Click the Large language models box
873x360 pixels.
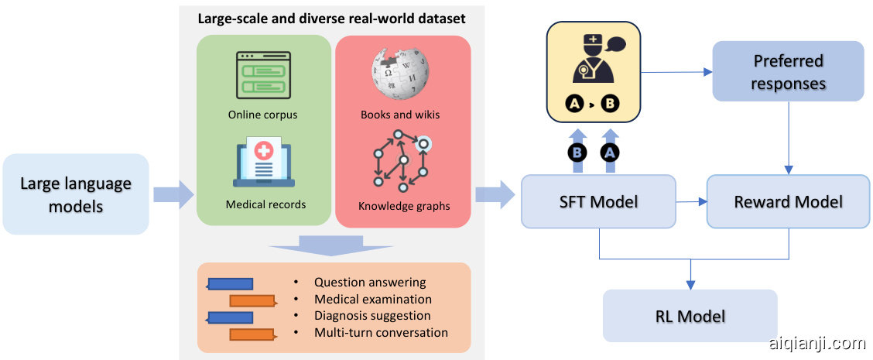[75, 194]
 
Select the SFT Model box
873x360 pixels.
[598, 201]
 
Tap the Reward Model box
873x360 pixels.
[788, 201]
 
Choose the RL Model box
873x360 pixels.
[690, 316]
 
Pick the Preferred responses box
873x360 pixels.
[788, 71]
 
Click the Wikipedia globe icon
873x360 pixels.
[399, 74]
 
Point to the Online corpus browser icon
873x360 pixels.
[262, 75]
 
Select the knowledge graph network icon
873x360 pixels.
[399, 163]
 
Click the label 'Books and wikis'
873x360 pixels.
[399, 115]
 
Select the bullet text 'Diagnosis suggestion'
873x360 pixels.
[371, 316]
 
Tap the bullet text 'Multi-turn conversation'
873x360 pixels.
[381, 332]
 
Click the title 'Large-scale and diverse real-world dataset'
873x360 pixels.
[330, 17]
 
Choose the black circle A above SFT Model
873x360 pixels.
[610, 153]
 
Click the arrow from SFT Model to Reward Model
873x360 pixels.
[692, 201]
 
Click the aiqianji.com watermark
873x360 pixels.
[817, 343]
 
